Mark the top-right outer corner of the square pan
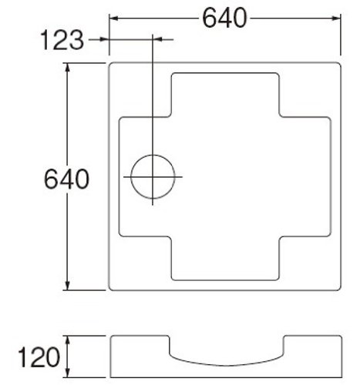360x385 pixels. point(339,62)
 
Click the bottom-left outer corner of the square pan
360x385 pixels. point(110,291)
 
